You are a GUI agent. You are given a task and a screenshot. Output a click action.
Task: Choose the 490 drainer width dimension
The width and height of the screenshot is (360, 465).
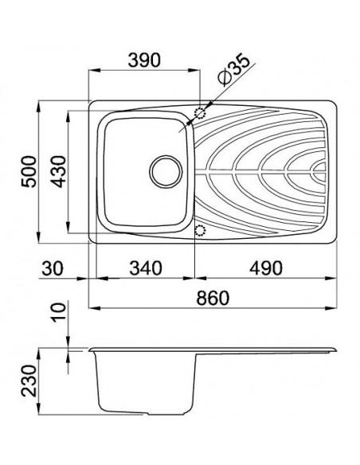click(x=267, y=268)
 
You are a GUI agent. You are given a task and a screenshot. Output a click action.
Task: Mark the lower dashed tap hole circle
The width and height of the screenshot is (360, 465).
click(x=200, y=230)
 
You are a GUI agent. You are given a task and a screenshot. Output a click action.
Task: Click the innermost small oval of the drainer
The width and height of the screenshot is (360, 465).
click(x=320, y=170)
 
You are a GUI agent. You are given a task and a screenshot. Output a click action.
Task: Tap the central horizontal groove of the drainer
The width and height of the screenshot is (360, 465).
click(x=255, y=170)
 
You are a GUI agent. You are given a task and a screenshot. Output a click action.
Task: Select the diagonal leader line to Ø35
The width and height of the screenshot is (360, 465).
click(x=233, y=84)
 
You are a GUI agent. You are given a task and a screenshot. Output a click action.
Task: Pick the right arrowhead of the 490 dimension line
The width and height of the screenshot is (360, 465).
click(x=336, y=279)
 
